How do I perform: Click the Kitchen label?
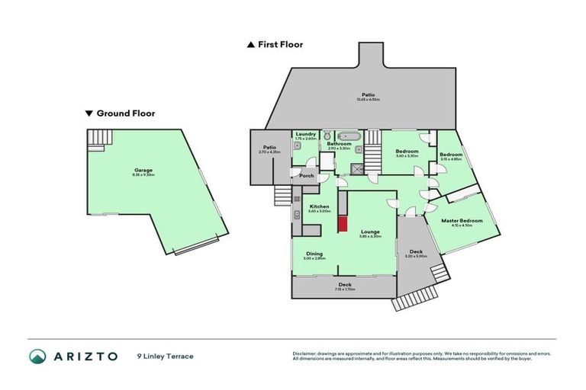pos(318,206)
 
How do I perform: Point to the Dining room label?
pos(314,254)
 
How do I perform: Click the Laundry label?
pos(304,134)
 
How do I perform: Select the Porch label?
pos(306,176)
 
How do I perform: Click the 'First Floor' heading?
pos(279,44)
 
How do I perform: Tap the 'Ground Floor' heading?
pos(125,113)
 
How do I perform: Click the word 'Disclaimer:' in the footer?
pos(306,354)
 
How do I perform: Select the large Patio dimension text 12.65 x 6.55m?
pos(368,100)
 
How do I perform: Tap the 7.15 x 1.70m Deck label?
pos(345,288)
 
